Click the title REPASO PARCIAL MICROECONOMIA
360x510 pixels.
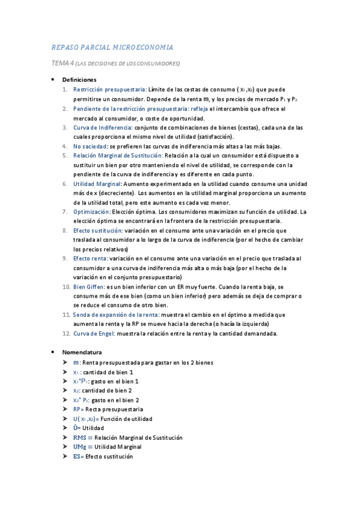(112, 47)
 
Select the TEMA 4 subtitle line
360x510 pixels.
(115, 63)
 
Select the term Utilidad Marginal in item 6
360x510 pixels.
(97, 184)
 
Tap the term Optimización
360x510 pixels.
(91, 212)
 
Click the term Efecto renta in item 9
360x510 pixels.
(91, 259)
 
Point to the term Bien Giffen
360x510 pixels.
(90, 287)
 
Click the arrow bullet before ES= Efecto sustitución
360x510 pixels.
(64, 456)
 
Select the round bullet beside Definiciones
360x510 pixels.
(54, 80)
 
